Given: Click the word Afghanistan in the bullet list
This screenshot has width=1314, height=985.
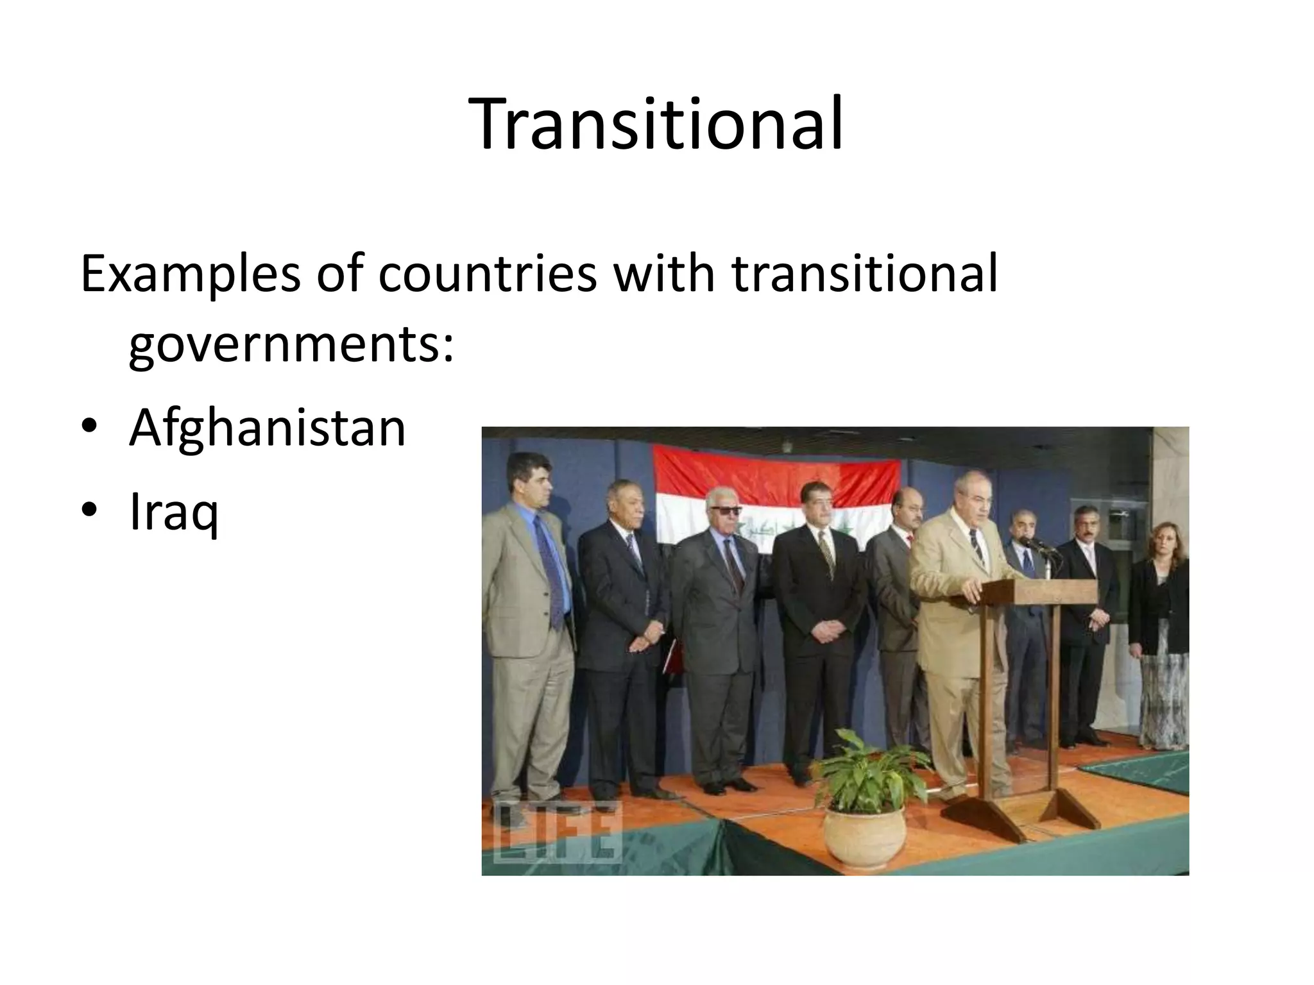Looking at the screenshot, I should (268, 428).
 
